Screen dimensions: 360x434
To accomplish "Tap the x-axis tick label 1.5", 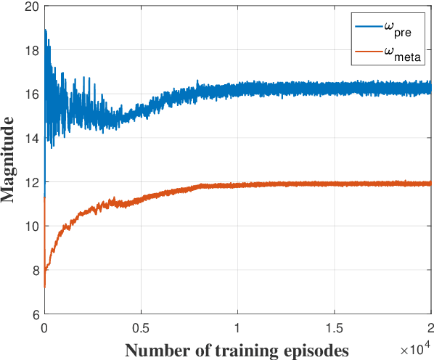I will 334,327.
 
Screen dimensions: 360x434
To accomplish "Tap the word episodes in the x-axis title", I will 314,349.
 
